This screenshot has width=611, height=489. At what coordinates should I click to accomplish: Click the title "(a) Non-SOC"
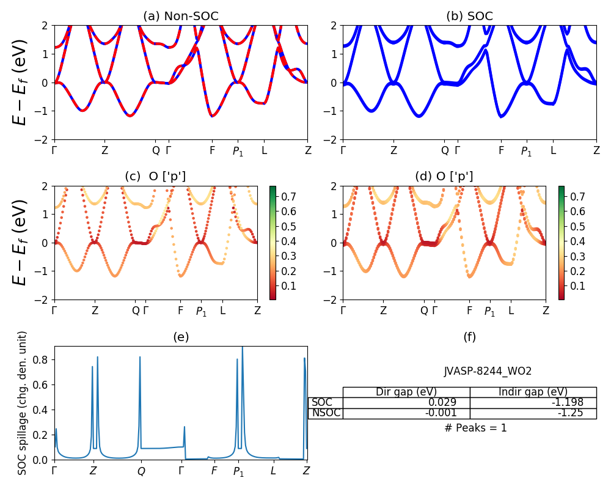[180, 17]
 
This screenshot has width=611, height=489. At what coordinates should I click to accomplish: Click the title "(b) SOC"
[470, 17]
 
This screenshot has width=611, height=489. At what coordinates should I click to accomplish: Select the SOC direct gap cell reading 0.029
[406, 403]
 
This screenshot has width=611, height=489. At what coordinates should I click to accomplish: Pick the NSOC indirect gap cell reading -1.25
[533, 413]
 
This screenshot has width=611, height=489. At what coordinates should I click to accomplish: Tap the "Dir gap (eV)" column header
[406, 392]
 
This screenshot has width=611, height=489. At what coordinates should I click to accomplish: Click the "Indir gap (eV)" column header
[533, 392]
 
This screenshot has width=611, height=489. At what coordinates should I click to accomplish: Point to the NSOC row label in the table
[326, 413]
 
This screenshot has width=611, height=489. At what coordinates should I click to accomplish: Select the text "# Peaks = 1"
[475, 428]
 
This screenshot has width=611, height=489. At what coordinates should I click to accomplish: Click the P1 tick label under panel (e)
[238, 471]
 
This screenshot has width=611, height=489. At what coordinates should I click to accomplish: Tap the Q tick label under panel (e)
[141, 471]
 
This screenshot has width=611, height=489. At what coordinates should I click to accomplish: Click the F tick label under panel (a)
[213, 150]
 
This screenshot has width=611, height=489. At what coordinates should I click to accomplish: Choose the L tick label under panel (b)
[553, 150]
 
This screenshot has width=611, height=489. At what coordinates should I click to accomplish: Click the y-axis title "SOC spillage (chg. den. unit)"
[23, 403]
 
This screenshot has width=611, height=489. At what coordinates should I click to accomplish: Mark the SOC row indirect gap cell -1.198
[533, 403]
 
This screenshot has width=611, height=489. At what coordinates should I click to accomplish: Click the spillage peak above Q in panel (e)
[140, 358]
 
